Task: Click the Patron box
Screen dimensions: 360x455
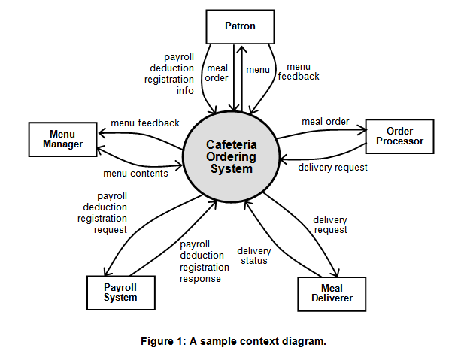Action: [240, 26]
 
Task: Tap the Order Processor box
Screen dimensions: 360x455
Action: [399, 136]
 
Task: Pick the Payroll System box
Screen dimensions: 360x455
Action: [120, 292]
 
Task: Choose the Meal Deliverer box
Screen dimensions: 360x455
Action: [332, 294]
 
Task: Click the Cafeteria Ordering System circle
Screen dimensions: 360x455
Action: [230, 156]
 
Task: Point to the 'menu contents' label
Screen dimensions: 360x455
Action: [135, 174]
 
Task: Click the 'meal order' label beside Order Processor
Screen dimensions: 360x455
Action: [325, 122]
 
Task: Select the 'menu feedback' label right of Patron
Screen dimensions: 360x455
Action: [299, 71]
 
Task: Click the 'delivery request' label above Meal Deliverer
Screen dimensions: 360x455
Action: [330, 225]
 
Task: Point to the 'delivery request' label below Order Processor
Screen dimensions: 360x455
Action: [332, 168]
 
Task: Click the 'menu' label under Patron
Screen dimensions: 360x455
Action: [258, 70]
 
